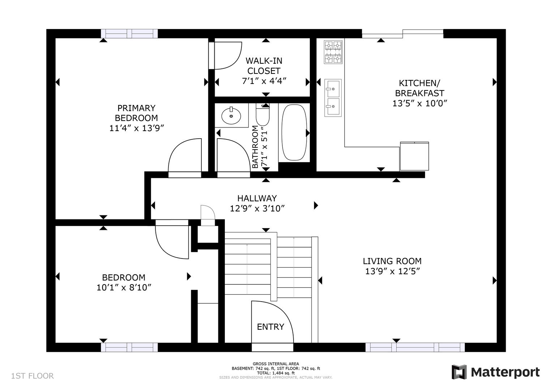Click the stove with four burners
pyautogui.click(x=333, y=52)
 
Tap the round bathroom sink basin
pyautogui.click(x=231, y=116)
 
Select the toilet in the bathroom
pyautogui.click(x=263, y=114)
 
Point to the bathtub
pyautogui.click(x=294, y=133)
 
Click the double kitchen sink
pyautogui.click(x=333, y=98)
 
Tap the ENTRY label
pyautogui.click(x=270, y=327)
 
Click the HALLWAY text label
pyautogui.click(x=257, y=198)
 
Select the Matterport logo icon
pyautogui.click(x=459, y=372)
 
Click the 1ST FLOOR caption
pyautogui.click(x=32, y=376)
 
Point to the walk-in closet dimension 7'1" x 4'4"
pyautogui.click(x=264, y=81)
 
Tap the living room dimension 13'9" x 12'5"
pyautogui.click(x=392, y=271)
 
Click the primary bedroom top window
pyautogui.click(x=129, y=34)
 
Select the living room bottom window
pyautogui.click(x=415, y=347)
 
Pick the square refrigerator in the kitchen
pyautogui.click(x=415, y=156)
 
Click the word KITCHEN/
pyautogui.click(x=419, y=83)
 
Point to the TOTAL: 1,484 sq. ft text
pyautogui.click(x=276, y=373)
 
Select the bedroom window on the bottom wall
pyautogui.click(x=129, y=347)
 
